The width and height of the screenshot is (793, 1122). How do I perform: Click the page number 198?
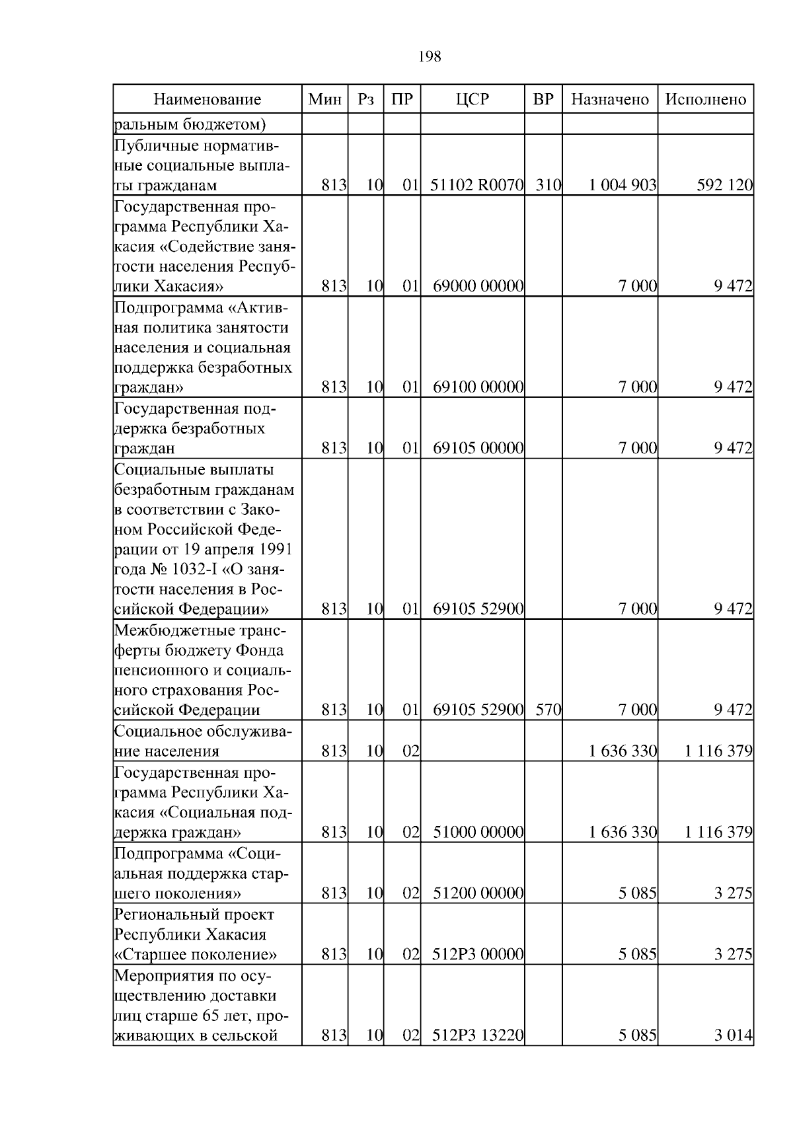click(x=430, y=57)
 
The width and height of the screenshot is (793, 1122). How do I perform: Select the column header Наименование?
click(x=208, y=100)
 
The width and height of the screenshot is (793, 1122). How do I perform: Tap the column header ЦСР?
click(x=472, y=100)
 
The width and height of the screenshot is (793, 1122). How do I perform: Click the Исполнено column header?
click(x=705, y=100)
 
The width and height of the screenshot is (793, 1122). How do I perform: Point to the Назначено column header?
click(x=610, y=100)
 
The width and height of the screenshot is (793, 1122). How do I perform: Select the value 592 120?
click(x=724, y=186)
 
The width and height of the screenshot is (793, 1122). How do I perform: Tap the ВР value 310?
click(x=548, y=186)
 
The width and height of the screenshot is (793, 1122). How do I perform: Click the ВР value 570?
click(x=548, y=710)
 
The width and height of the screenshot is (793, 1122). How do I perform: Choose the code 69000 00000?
click(x=478, y=287)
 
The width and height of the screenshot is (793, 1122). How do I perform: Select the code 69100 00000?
click(x=478, y=387)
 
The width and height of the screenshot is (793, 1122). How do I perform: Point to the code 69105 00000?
click(x=478, y=449)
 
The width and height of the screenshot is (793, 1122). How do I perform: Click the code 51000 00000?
click(x=478, y=832)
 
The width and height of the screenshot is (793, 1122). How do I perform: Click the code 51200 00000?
click(x=478, y=894)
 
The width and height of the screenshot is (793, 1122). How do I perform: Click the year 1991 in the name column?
click(x=276, y=550)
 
